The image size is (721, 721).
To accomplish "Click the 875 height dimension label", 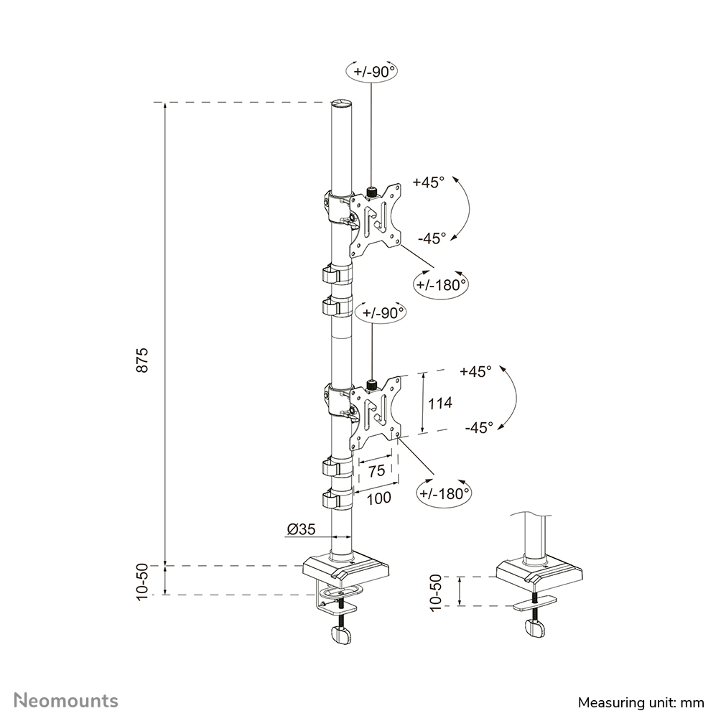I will [142, 359].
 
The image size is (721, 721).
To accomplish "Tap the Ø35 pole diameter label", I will [301, 530].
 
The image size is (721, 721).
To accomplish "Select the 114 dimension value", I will [439, 403].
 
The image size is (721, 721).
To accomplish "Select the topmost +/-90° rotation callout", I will [371, 72].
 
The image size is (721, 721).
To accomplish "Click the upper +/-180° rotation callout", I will [441, 284].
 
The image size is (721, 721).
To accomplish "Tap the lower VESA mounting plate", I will [374, 412].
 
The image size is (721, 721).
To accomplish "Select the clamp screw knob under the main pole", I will [342, 634].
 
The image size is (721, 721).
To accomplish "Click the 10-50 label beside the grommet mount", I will [435, 592].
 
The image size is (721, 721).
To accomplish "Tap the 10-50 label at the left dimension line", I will [142, 580].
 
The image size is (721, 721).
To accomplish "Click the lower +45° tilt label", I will [475, 372].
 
